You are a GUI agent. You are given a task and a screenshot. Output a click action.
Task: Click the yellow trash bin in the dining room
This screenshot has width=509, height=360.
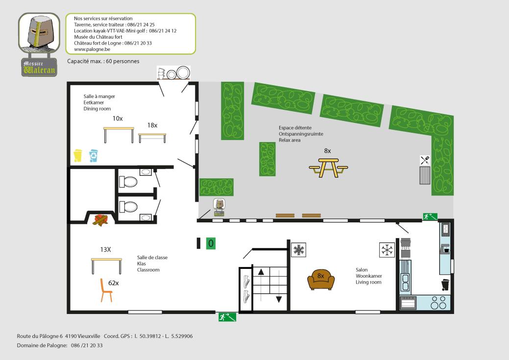[77, 155]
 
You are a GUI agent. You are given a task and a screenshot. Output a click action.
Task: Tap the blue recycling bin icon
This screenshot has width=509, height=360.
[94, 155]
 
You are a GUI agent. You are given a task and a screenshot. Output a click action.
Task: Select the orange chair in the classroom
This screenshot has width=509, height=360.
[105, 290]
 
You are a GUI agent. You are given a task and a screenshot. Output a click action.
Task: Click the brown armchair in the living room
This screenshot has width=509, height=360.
[321, 279]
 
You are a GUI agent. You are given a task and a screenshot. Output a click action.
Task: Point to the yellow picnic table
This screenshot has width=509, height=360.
[329, 168]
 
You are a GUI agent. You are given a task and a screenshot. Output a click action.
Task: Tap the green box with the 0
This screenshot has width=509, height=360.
[211, 243]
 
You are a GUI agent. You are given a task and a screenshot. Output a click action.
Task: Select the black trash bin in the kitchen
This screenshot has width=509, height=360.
[445, 285]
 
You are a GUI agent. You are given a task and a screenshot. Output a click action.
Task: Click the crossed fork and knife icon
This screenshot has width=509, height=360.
[425, 160]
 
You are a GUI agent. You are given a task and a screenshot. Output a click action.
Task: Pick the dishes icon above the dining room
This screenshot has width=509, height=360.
[173, 72]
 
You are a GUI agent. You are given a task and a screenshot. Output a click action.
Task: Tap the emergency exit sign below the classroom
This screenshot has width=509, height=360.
[227, 317]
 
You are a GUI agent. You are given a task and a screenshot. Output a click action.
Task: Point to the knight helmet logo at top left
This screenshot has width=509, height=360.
[39, 32]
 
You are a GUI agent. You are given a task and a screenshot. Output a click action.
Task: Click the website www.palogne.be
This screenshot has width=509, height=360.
[92, 49]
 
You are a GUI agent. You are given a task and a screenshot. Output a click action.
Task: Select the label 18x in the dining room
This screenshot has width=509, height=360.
[152, 125]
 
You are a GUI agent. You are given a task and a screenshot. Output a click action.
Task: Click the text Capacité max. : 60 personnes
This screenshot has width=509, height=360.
[103, 61]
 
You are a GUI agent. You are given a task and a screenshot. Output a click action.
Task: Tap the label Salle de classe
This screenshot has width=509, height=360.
[152, 258]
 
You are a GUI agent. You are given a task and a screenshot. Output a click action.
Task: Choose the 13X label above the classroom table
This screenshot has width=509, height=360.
[105, 250]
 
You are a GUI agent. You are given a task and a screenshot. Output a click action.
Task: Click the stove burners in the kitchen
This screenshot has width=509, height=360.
[438, 303]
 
